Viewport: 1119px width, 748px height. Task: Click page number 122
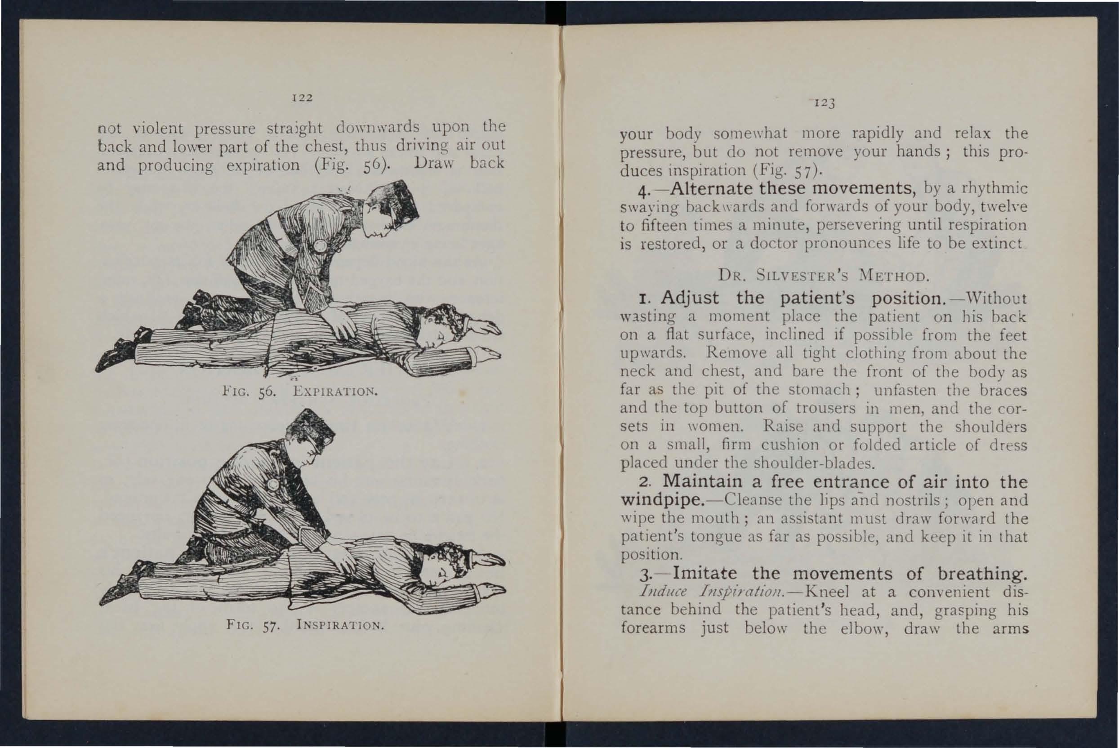303,98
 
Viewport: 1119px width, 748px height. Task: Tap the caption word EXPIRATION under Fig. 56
335,392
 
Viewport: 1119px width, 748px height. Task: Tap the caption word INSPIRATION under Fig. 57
340,625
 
